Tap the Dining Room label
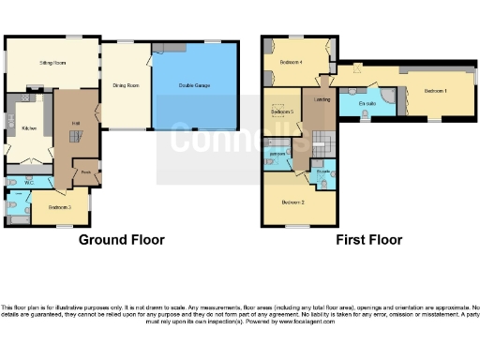[126, 85]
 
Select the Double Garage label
[195, 85]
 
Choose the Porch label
[85, 172]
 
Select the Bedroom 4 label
[291, 64]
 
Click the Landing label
[322, 99]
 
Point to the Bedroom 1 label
[436, 91]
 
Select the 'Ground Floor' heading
[121, 240]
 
